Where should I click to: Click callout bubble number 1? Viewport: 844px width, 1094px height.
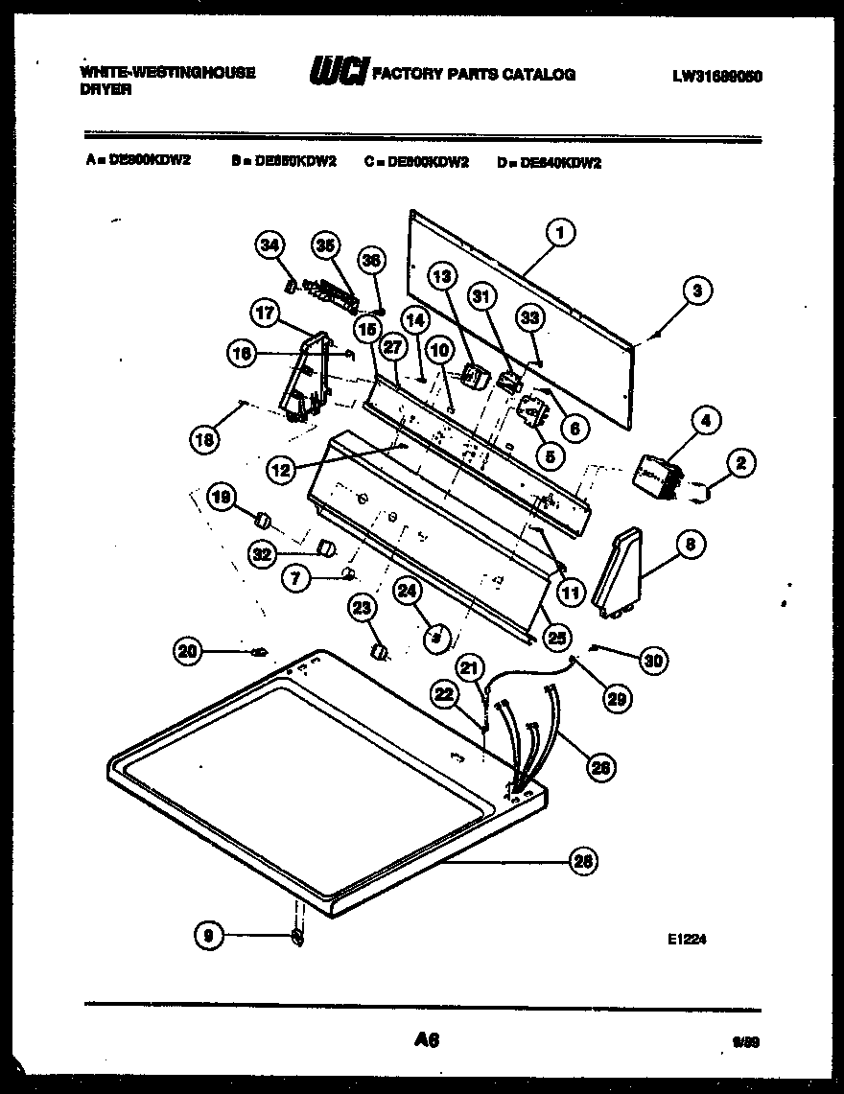coord(559,230)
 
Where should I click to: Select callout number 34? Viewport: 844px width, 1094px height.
coord(270,247)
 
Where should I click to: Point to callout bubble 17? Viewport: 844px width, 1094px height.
coord(265,312)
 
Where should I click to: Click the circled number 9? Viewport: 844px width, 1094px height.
coord(208,935)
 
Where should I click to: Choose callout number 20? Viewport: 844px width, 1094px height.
coord(189,651)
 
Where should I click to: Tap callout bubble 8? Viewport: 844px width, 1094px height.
coord(689,546)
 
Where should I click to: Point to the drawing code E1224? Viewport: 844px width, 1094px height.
coord(687,941)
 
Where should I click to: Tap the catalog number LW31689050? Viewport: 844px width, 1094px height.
coord(716,75)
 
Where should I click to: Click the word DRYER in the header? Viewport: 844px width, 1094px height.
coord(105,89)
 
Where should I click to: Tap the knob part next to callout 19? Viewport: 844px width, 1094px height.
coord(259,520)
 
